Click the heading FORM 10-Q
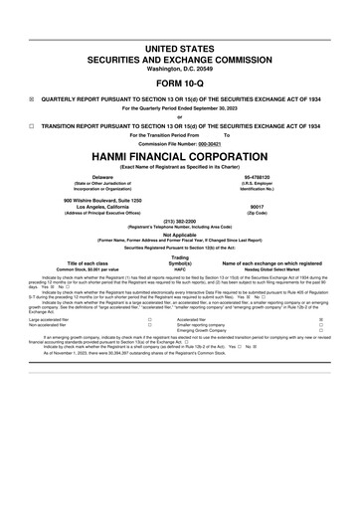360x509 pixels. pyautogui.click(x=180, y=84)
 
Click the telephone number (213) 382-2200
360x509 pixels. pyautogui.click(x=180, y=221)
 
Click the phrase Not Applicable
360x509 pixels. pyautogui.click(x=180, y=235)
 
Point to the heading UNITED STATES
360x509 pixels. pyautogui.click(x=180, y=48)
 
